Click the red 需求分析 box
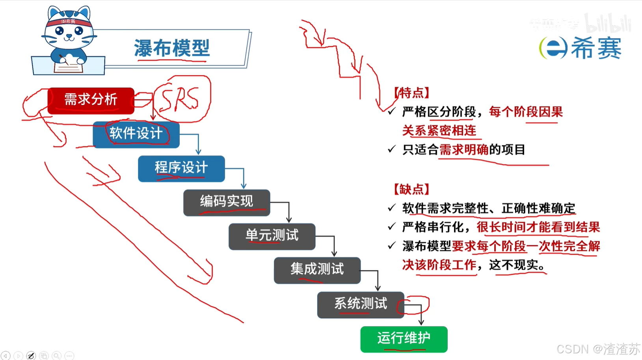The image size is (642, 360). (91, 100)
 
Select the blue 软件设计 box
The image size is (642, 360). (136, 134)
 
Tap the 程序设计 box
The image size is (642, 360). (181, 168)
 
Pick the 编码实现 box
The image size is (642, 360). (227, 202)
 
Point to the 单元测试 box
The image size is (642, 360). (272, 236)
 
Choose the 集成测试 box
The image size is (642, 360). (317, 270)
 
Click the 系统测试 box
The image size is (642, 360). (361, 304)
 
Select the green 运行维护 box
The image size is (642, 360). (404, 339)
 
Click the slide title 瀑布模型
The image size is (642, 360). (172, 48)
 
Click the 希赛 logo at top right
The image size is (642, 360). (581, 48)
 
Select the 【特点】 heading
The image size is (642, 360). (411, 93)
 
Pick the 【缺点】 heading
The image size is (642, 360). (411, 189)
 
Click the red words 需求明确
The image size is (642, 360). (464, 150)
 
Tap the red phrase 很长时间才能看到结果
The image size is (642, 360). (538, 227)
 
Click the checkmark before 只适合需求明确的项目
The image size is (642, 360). (391, 149)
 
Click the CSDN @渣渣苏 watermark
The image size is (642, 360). (598, 349)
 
